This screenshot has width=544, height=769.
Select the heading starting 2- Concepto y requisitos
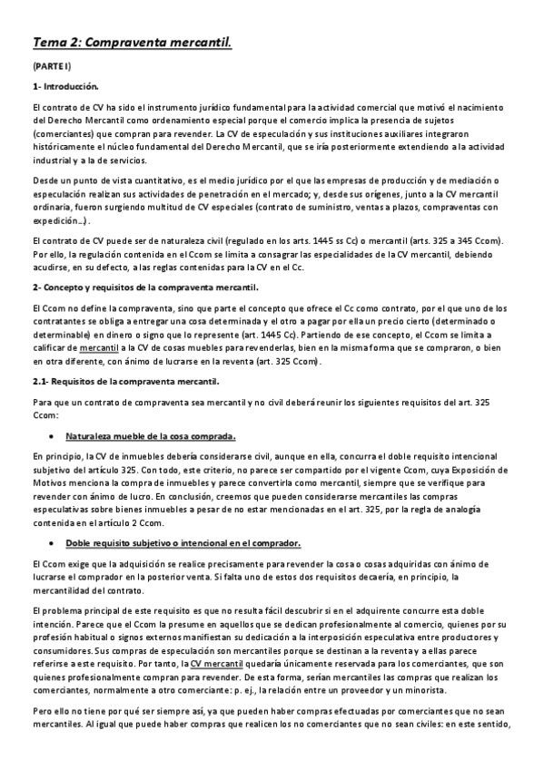tap(144, 287)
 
